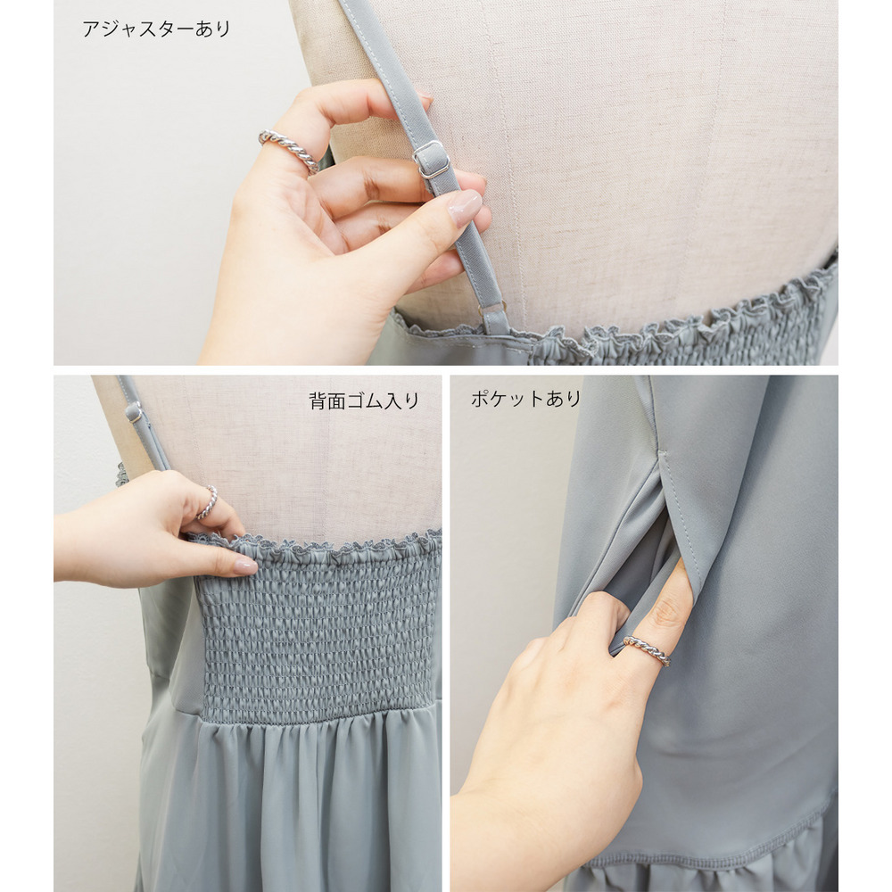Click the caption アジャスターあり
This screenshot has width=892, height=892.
156,29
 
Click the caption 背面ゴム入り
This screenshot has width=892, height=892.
364,401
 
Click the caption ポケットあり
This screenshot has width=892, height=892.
525,399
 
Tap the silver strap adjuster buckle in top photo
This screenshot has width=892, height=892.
431,160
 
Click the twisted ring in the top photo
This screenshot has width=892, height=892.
289,150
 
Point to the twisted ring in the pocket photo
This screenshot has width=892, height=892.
647,651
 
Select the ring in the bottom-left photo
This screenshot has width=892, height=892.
208,502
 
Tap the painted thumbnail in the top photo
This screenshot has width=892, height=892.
464,208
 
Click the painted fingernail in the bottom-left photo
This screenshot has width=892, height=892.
245,566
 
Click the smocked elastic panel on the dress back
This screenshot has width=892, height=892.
318,632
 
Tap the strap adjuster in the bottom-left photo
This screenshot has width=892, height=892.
135,412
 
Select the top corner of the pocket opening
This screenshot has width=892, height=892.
660,452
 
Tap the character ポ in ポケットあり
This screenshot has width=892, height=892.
480,399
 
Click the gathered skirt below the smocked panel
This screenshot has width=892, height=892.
290,808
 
